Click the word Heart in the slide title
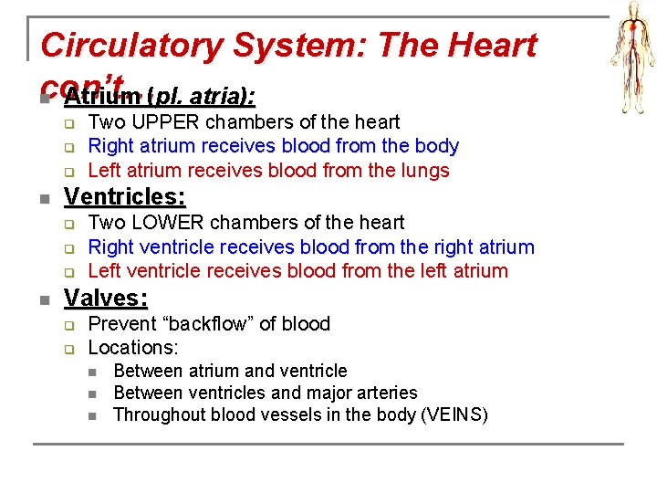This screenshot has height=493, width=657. tap(491, 45)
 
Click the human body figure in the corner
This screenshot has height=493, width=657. tap(631, 47)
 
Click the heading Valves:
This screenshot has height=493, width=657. tap(106, 298)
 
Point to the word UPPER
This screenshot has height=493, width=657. tap(168, 121)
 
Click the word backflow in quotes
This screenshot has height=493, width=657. tap(198, 323)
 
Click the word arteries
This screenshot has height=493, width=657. tap(385, 393)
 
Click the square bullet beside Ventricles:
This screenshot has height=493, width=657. tap(44, 198)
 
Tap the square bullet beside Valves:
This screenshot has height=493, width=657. tap(44, 299)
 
